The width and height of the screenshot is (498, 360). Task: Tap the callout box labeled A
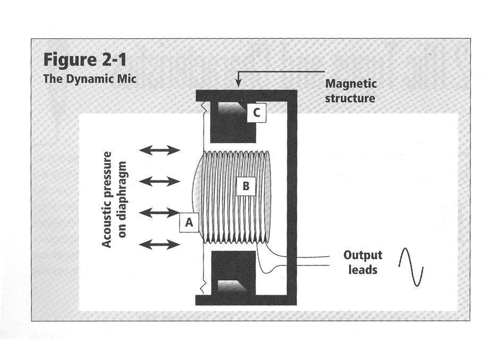188,224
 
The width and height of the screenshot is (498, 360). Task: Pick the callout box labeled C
257,113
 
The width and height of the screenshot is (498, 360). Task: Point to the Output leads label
362,262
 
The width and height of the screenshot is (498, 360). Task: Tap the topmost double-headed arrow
160,150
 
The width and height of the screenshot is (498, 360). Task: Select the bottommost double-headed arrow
160,245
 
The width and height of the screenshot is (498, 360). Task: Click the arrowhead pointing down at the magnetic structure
239,83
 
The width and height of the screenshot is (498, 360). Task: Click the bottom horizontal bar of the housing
246,300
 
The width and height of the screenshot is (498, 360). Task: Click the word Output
362,255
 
